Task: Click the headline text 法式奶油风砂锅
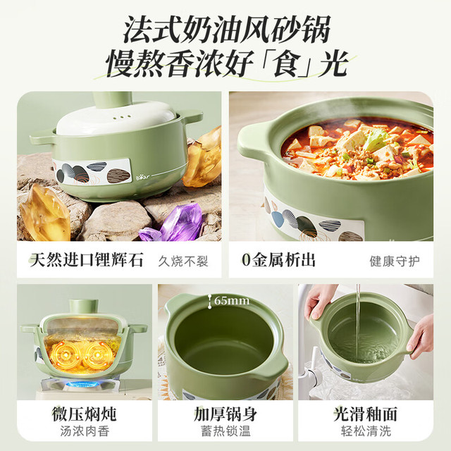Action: pyautogui.click(x=227, y=30)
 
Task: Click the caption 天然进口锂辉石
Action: pyautogui.click(x=87, y=260)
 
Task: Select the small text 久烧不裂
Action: pyautogui.click(x=183, y=261)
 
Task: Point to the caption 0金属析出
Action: pyautogui.click(x=278, y=260)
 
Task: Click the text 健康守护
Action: pyautogui.click(x=395, y=261)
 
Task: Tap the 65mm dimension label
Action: pyautogui.click(x=232, y=301)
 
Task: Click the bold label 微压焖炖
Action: pyautogui.click(x=85, y=414)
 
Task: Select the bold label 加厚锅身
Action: pyautogui.click(x=225, y=414)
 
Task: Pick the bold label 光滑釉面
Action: pyautogui.click(x=366, y=414)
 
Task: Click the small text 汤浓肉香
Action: pyautogui.click(x=85, y=431)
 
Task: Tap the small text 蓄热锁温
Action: pyautogui.click(x=225, y=431)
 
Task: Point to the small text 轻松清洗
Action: pyautogui.click(x=366, y=431)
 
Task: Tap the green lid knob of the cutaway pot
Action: pyautogui.click(x=83, y=307)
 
